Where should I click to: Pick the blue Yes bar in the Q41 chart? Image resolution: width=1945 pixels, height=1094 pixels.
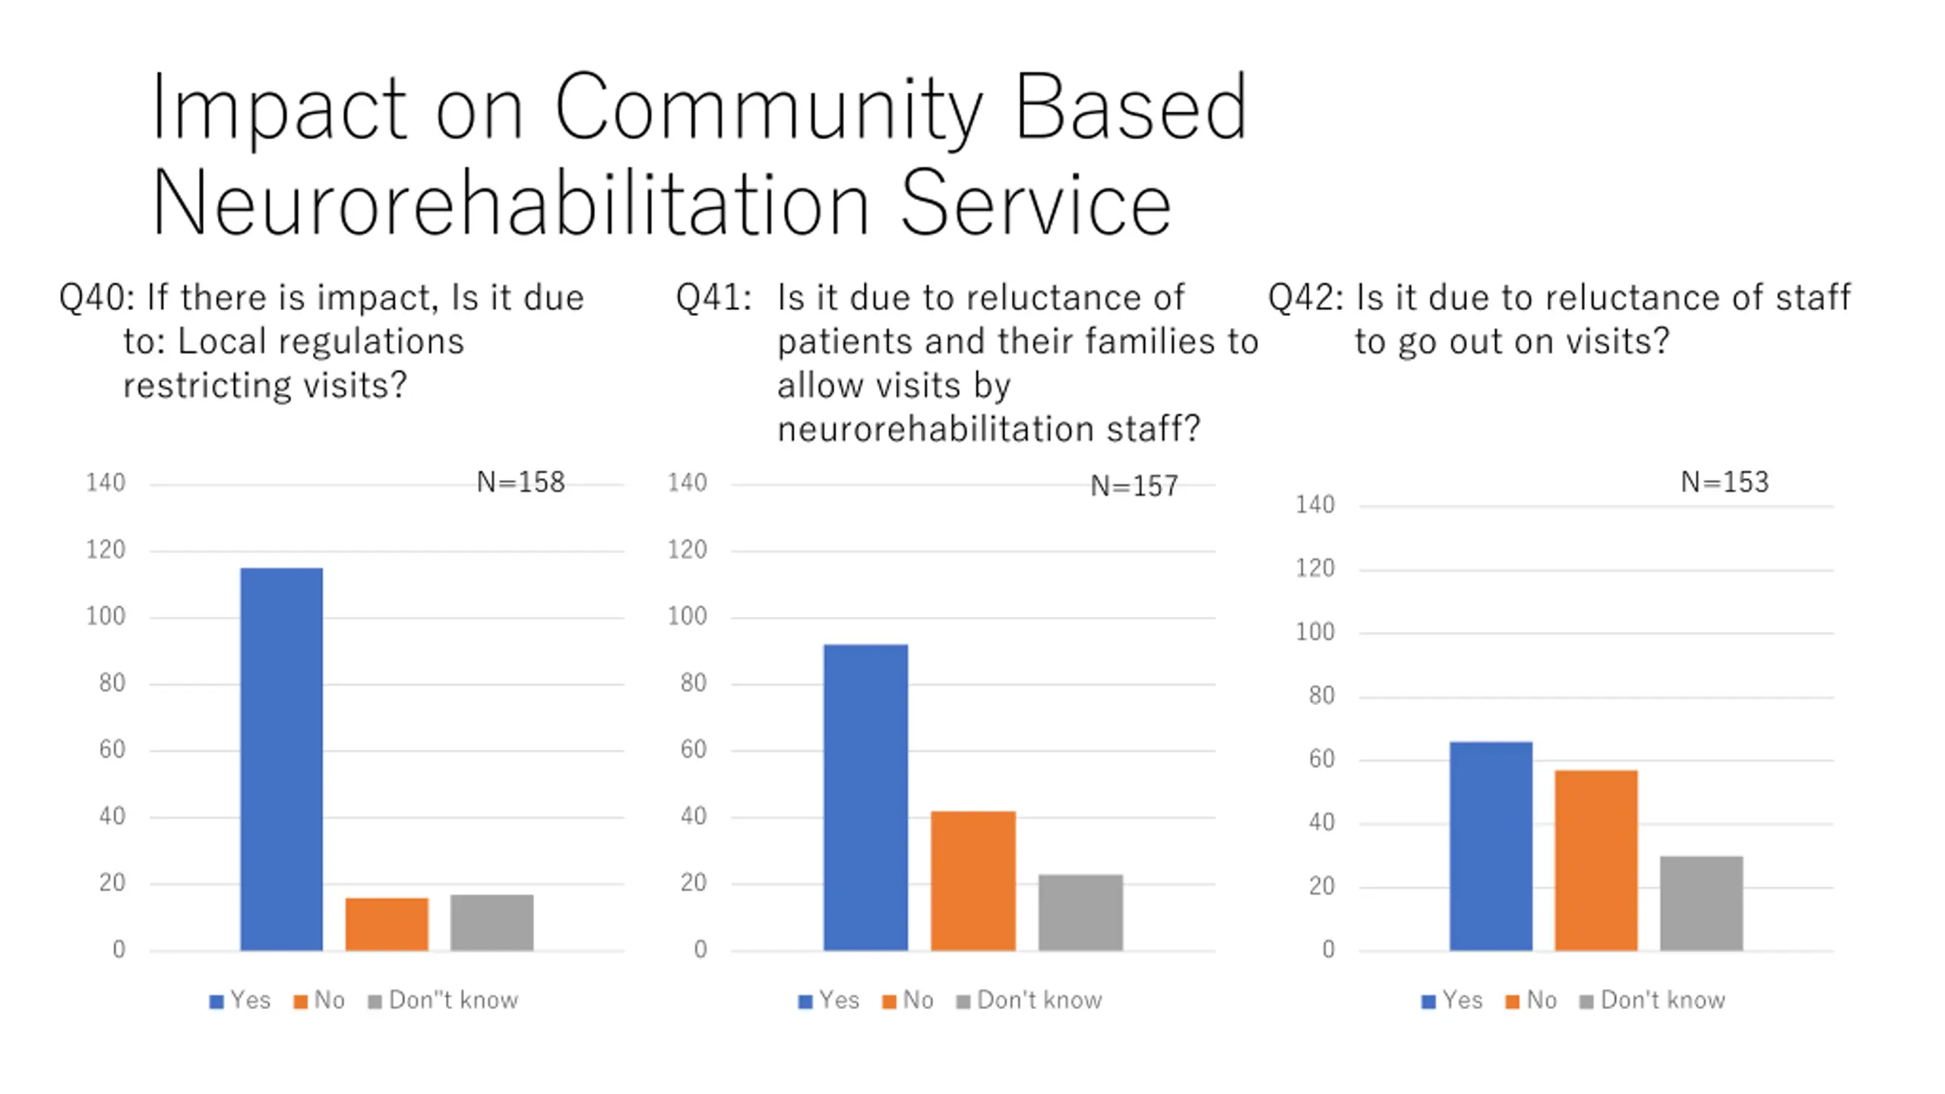(865, 797)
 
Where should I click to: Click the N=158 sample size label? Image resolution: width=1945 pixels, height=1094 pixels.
(520, 482)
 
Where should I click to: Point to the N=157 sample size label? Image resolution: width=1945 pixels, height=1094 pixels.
(1134, 486)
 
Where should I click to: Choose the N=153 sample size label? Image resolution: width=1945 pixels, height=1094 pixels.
(1725, 482)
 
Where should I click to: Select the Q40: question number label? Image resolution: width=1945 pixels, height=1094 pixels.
(96, 298)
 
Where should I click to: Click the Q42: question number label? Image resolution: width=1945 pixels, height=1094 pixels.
(1305, 298)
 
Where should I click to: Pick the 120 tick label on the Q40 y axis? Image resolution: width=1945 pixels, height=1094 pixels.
(106, 550)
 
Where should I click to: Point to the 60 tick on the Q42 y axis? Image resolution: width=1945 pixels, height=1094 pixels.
(1321, 759)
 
